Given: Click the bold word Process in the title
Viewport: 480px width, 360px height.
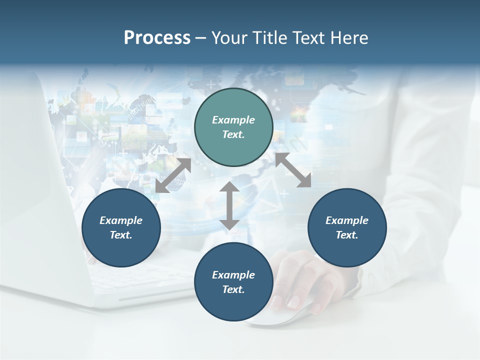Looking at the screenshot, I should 157,38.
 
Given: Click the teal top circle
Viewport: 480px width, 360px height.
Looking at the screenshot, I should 233,127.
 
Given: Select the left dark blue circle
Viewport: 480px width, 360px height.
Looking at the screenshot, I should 121,227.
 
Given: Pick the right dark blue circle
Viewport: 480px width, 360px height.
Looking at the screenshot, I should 347,227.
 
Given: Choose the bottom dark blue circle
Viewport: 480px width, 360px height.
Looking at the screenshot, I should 233,282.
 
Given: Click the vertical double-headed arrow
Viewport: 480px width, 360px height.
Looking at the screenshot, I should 229,205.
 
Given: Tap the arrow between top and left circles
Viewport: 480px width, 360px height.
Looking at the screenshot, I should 173,175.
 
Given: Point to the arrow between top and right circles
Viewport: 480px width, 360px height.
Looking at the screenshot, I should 293,170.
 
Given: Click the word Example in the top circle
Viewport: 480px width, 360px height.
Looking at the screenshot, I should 233,120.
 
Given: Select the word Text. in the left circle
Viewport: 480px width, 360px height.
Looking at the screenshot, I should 121,235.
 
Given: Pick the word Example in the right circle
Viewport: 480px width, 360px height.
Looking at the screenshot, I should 347,220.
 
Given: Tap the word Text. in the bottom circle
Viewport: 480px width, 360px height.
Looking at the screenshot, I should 233,289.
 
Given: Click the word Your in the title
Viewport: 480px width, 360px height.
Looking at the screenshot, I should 228,38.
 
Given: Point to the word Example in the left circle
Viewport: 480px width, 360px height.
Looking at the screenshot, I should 121,220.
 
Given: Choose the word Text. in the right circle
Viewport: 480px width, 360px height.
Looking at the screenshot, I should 347,235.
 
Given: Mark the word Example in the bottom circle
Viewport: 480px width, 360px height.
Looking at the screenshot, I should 233,275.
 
